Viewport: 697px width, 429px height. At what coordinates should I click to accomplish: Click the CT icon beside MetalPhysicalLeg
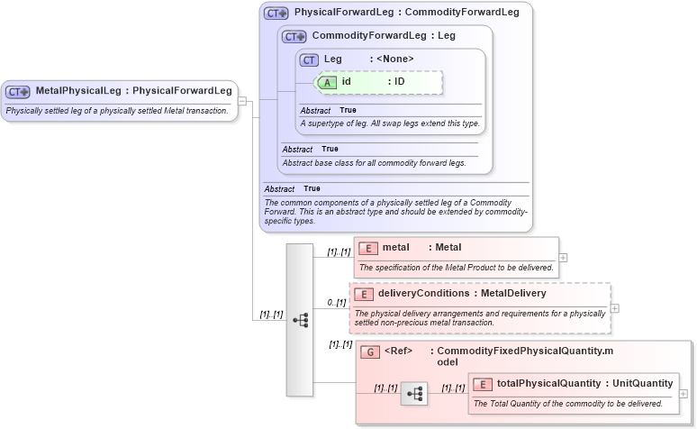tap(18, 91)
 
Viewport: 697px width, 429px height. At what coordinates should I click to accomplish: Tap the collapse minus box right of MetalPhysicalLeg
tap(242, 101)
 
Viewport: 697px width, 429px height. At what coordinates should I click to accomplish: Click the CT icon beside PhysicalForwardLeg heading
tap(276, 14)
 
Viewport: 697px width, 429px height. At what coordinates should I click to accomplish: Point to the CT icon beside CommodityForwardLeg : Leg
tap(294, 37)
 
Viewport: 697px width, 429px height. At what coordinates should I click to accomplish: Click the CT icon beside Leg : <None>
tap(310, 59)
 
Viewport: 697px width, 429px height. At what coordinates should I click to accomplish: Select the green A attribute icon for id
tap(329, 82)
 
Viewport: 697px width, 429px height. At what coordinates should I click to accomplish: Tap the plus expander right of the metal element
tap(564, 257)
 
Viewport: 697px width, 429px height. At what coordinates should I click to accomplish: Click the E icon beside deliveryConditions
tap(363, 294)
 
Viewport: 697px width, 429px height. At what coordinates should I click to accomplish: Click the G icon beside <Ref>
tap(369, 351)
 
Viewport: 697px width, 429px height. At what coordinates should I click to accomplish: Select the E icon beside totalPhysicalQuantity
tap(483, 384)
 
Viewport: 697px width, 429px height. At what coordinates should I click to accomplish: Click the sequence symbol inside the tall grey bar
tap(300, 320)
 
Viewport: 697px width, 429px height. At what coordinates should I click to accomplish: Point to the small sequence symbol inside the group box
tap(415, 394)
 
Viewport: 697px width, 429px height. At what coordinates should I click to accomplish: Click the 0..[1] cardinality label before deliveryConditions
tap(336, 302)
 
